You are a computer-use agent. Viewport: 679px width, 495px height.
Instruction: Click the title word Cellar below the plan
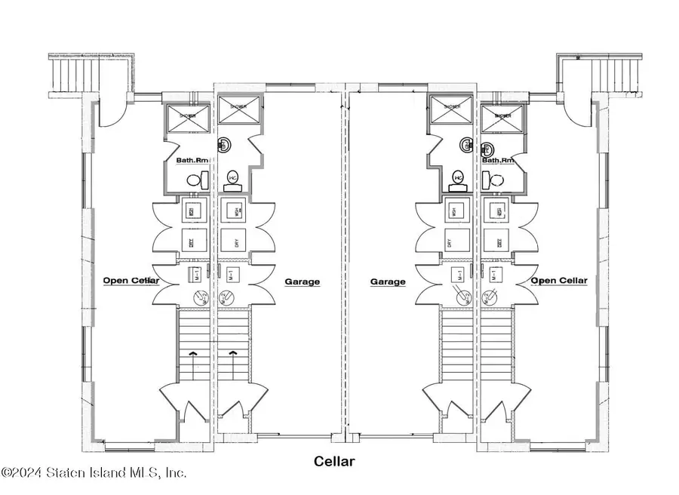pos(333,461)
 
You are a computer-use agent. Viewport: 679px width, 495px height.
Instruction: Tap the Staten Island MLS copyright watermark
pos(94,473)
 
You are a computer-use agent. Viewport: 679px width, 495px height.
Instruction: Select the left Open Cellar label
pos(131,281)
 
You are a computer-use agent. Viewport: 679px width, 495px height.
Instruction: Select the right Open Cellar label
pos(558,281)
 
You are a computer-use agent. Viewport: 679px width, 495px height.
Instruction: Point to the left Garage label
pos(302,281)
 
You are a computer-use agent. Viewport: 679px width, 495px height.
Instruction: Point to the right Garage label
pos(388,281)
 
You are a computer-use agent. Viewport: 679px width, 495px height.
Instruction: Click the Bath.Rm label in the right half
pos(498,160)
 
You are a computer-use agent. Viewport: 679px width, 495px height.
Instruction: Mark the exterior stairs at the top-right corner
pos(617,75)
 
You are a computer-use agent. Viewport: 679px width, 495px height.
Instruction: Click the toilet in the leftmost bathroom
pos(195,180)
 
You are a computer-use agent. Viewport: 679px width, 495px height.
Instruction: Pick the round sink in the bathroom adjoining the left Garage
pos(224,146)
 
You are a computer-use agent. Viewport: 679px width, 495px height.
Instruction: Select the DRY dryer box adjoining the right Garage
pos(456,243)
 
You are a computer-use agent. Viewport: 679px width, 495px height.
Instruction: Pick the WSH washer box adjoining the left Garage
pos(233,211)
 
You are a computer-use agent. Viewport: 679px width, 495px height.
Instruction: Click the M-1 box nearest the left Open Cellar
pos(193,274)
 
